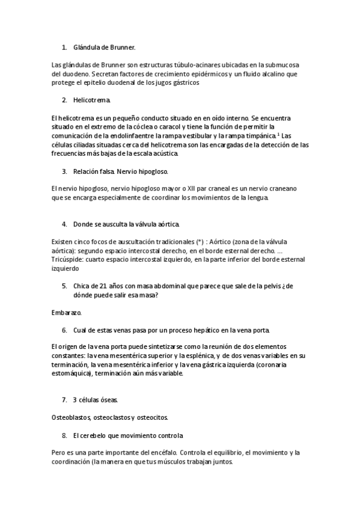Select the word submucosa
pyautogui.click(x=288, y=65)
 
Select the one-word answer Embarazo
pyautogui.click(x=67, y=313)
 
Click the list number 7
pyautogui.click(x=64, y=400)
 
